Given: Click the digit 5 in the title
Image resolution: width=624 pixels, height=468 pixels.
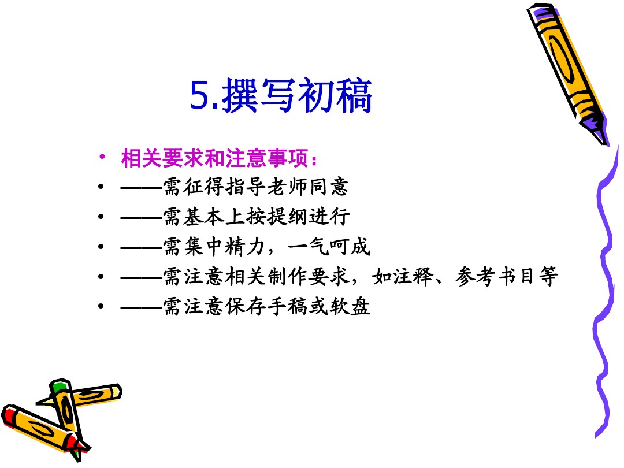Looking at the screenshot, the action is point(200,95).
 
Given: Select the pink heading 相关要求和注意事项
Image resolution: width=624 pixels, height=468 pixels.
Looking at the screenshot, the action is point(214,158).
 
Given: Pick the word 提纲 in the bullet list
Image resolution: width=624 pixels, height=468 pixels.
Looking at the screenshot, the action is point(287,217).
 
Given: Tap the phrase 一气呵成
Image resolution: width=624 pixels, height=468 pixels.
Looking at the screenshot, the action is point(329,246).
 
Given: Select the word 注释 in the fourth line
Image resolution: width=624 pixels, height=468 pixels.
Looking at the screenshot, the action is point(413,276).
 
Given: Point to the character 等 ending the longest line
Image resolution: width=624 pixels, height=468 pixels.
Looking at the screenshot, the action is point(548,276).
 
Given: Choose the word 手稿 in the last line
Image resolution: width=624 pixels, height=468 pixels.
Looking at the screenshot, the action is point(287,306).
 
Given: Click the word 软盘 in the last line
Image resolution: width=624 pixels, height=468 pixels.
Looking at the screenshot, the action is point(350,306).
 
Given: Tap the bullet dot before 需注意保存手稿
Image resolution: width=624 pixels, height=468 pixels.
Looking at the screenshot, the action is point(101,306).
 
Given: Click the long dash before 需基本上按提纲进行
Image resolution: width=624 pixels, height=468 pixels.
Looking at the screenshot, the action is point(142,217).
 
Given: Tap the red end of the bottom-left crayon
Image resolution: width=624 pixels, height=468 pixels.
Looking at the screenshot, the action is point(9,414).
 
